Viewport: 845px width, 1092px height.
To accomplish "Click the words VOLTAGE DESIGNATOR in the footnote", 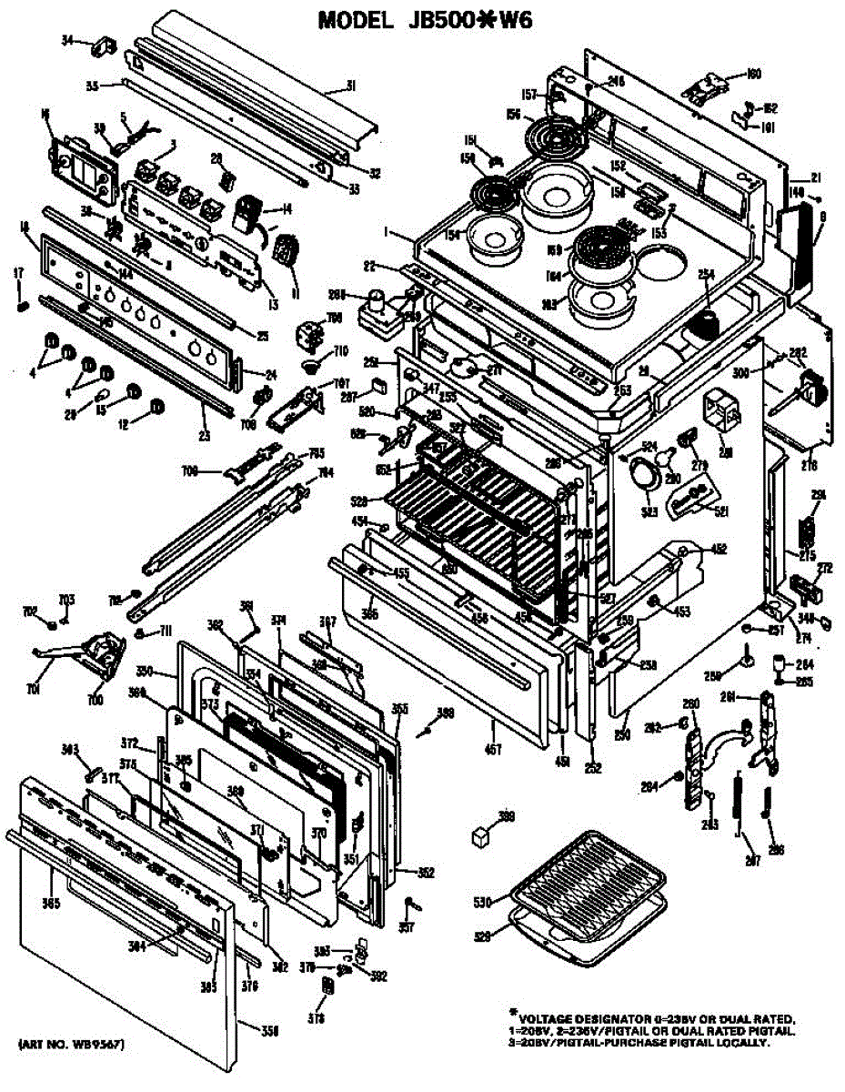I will pos(590,1018).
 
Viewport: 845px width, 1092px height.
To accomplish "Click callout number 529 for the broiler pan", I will pos(481,935).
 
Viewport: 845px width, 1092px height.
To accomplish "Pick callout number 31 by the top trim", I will pos(348,87).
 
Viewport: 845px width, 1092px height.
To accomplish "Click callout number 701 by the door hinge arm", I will pos(34,690).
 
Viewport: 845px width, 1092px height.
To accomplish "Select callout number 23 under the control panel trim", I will pos(205,436).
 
